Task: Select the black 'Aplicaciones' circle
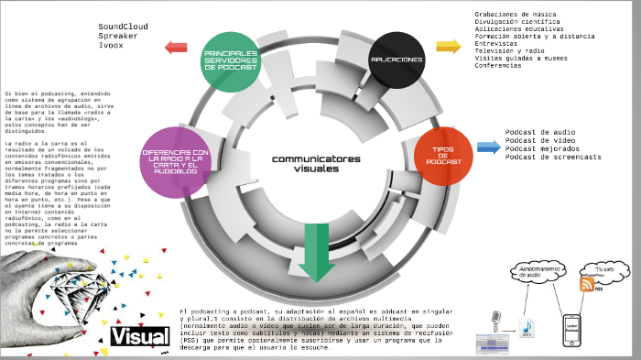[397, 60]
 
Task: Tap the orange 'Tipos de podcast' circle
[443, 155]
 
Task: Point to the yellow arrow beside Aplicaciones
[448, 47]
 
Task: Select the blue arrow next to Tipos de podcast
[488, 147]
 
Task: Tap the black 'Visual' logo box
[139, 336]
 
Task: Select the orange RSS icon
[587, 285]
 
